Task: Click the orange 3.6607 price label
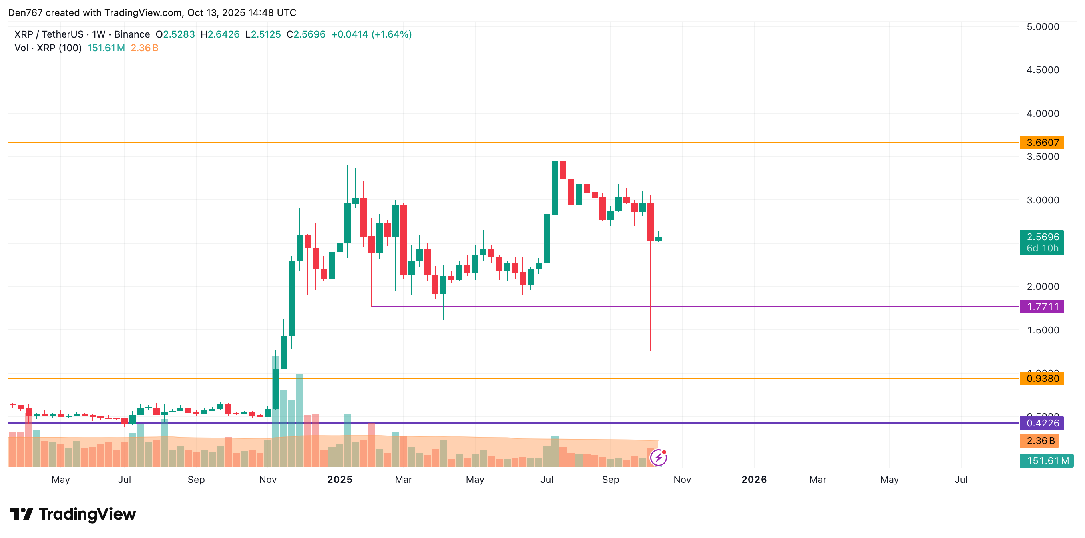(x=1042, y=143)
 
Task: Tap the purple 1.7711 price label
(x=1042, y=306)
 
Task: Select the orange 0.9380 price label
(x=1042, y=378)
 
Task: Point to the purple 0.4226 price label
(x=1042, y=423)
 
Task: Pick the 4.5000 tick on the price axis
(x=1043, y=70)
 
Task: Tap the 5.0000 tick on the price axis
(x=1043, y=27)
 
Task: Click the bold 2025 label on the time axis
(x=340, y=480)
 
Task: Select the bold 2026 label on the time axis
(x=754, y=480)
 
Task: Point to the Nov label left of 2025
(x=268, y=480)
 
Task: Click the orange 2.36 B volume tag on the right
(x=1040, y=441)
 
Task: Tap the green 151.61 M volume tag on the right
(x=1047, y=461)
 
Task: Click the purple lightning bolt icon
(x=658, y=458)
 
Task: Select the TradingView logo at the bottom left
(x=72, y=514)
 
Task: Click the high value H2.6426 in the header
(x=220, y=34)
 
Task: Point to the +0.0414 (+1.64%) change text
(x=371, y=34)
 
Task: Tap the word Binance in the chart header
(x=132, y=34)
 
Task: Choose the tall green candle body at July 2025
(x=547, y=239)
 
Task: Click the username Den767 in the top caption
(x=25, y=13)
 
